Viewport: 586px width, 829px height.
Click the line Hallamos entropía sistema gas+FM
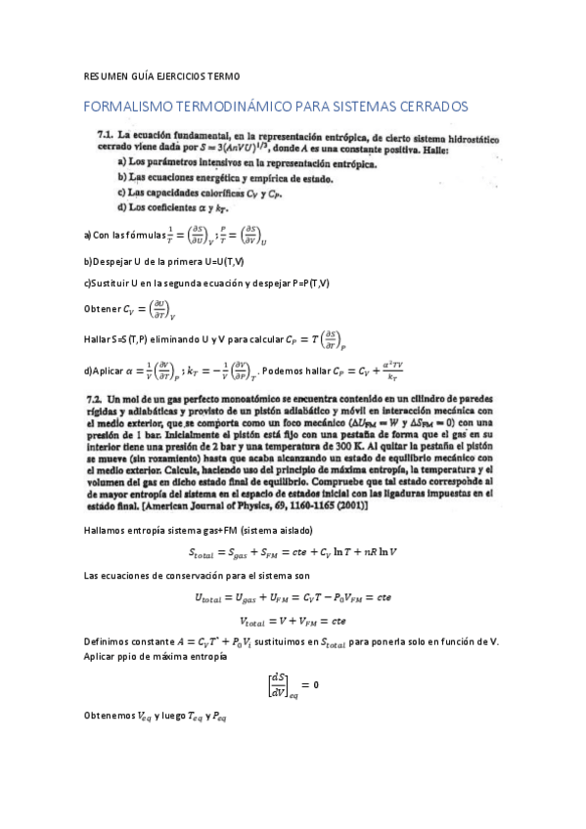coord(186,529)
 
